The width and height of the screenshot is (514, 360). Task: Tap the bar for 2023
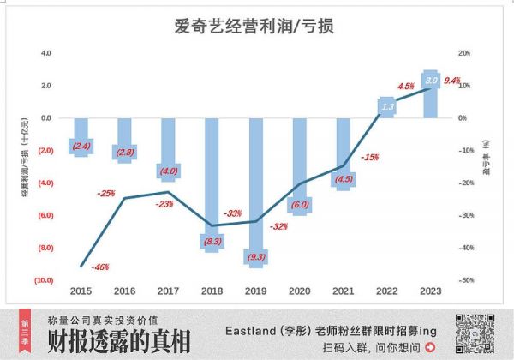click(432, 94)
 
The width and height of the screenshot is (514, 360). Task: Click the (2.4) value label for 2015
click(81, 147)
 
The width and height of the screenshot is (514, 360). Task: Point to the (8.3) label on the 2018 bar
click(212, 243)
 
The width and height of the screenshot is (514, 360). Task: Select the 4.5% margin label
click(406, 86)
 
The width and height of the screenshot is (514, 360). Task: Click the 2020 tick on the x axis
click(301, 291)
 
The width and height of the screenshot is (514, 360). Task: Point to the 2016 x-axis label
click(125, 291)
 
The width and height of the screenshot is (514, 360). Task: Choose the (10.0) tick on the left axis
click(45, 280)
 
